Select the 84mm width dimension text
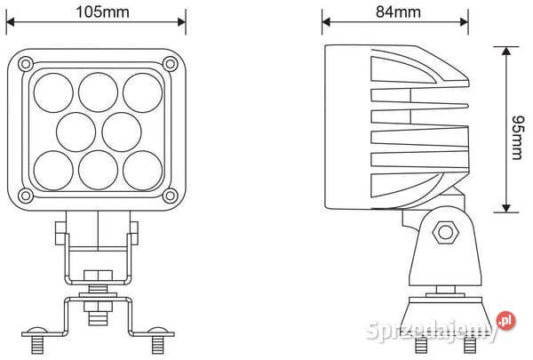click(x=397, y=11)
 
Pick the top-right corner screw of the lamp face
click(x=170, y=62)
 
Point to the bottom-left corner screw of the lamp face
click(x=27, y=195)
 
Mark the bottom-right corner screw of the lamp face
click(x=170, y=195)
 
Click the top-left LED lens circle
click(x=52, y=90)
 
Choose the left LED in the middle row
click(x=74, y=130)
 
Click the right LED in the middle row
click(x=118, y=130)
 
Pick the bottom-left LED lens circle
click(x=52, y=167)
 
